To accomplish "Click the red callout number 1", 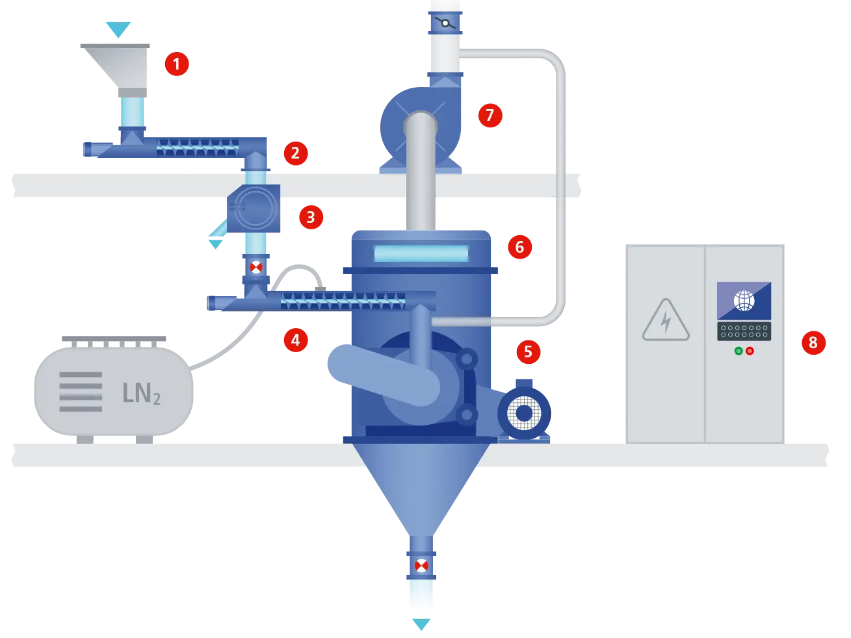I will pyautogui.click(x=176, y=64).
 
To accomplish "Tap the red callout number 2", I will pyautogui.click(x=295, y=153).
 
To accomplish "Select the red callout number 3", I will pyautogui.click(x=311, y=217).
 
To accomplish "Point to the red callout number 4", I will pyautogui.click(x=295, y=340).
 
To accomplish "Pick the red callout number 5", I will pyautogui.click(x=528, y=352).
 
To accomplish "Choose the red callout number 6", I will pyautogui.click(x=519, y=247).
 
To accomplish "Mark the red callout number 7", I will pyautogui.click(x=490, y=116).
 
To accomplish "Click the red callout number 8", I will pyautogui.click(x=813, y=342).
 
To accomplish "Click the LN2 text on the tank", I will pyautogui.click(x=141, y=393).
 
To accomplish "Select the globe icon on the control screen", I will pyautogui.click(x=744, y=301).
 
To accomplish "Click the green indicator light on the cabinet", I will pyautogui.click(x=739, y=351).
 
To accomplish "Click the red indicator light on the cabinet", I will pyautogui.click(x=750, y=351).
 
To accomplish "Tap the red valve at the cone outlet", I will pyautogui.click(x=421, y=565).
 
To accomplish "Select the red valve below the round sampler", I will pyautogui.click(x=256, y=267).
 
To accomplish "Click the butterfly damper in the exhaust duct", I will pyautogui.click(x=445, y=24).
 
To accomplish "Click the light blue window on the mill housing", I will pyautogui.click(x=421, y=253).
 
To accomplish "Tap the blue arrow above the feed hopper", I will pyautogui.click(x=119, y=29).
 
